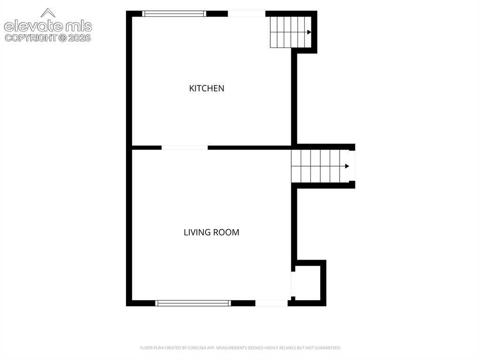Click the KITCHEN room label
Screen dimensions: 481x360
[207, 88]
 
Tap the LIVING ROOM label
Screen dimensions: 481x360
[211, 232]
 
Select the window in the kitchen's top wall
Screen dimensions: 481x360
[174, 14]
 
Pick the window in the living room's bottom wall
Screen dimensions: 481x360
[193, 303]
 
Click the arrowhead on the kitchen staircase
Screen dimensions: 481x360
[309, 32]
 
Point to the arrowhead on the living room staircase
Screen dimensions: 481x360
[347, 166]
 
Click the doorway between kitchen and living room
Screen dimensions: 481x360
[185, 148]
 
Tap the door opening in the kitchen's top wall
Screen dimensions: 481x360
[247, 14]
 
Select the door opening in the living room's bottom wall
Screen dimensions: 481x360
[272, 303]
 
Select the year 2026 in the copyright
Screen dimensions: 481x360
[79, 38]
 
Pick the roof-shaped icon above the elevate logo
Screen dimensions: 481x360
[48, 13]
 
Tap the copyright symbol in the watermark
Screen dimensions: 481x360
[62, 38]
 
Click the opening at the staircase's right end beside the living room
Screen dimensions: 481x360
[352, 166]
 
